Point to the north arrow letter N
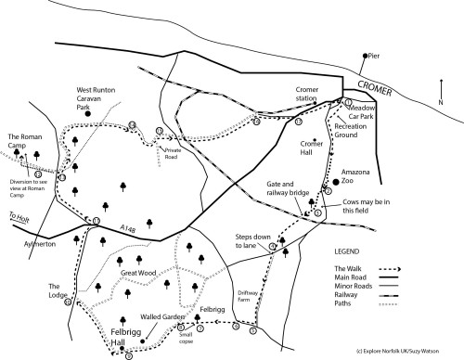[x=441, y=88]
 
